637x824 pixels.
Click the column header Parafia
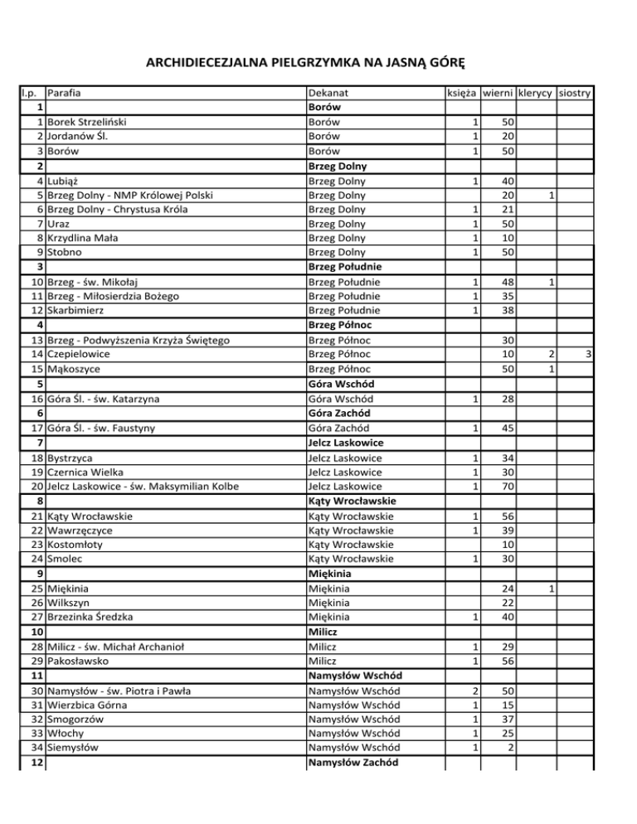click(x=69, y=94)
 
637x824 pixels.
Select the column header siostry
click(x=574, y=94)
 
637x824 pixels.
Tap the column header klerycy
click(x=536, y=94)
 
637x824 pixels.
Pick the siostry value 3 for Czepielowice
click(x=586, y=355)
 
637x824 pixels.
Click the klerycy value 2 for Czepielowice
click(x=548, y=355)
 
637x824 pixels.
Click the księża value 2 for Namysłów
click(x=472, y=691)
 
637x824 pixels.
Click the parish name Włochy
click(x=67, y=734)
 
